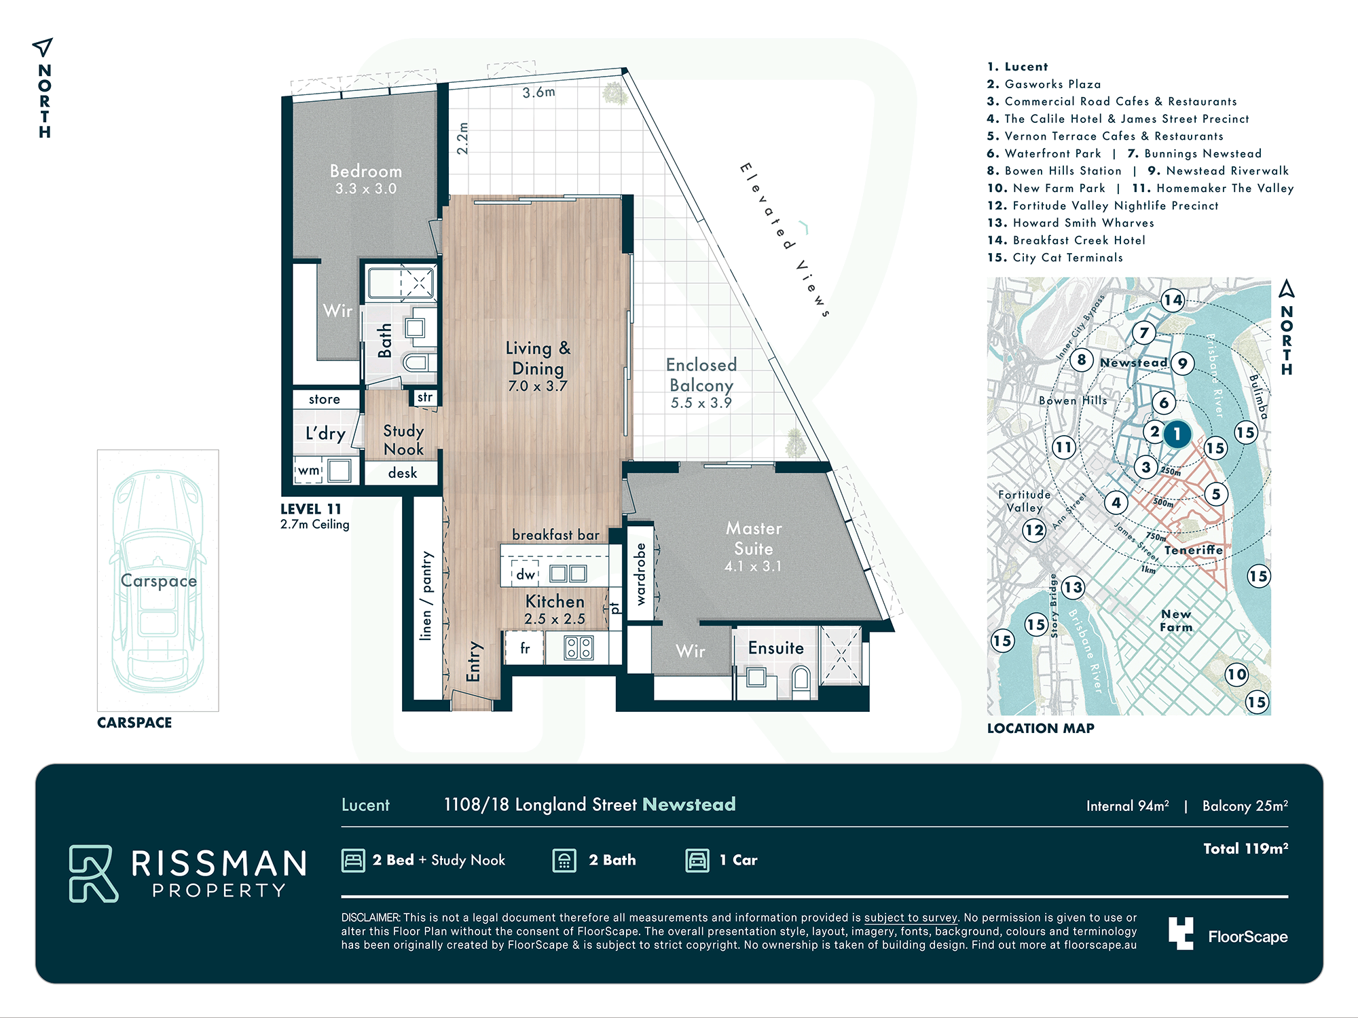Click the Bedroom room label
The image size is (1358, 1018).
pos(366,171)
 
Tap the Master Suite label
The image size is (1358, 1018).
pos(754,538)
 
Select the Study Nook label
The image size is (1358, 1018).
pos(403,440)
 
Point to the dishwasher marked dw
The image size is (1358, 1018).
pos(525,573)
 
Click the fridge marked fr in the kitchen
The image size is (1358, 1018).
pos(524,648)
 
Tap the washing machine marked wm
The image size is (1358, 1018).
pos(309,470)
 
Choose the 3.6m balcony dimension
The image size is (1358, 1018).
pos(538,92)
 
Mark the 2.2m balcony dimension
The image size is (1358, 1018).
pos(462,138)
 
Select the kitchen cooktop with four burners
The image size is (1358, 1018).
pos(579,648)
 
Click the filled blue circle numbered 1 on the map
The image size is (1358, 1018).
pos(1177,434)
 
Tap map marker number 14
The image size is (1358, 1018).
pos(1173,299)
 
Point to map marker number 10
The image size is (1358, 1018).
pos(1236,674)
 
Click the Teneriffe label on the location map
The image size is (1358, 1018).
pos(1194,550)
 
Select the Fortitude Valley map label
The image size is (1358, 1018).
pos(1024,501)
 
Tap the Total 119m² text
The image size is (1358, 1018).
pos(1245,848)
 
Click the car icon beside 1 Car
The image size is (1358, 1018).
pos(697,861)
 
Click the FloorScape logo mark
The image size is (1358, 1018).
pos(1181,934)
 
